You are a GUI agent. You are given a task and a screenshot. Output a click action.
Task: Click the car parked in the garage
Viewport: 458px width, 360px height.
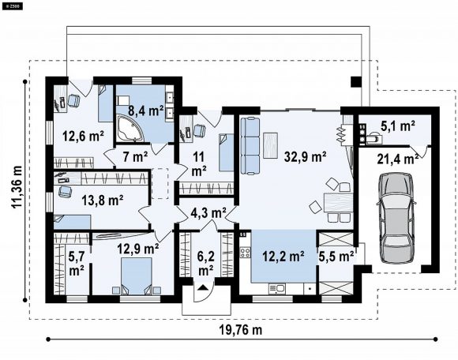point(396,218)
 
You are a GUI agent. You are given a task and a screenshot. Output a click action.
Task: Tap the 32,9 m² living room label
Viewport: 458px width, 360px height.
point(306,157)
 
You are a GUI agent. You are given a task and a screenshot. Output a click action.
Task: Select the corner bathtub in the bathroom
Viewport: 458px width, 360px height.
point(130,129)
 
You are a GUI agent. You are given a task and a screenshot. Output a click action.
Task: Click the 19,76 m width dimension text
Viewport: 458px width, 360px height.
point(240,330)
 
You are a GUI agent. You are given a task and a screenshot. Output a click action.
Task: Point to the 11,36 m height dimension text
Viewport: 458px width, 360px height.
point(17,187)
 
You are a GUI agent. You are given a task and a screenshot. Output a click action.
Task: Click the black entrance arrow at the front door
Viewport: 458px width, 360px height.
point(203,287)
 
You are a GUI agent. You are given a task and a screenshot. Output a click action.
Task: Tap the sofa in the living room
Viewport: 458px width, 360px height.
point(250,146)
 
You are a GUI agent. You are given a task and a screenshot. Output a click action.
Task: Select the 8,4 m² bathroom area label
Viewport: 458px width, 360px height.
point(146,111)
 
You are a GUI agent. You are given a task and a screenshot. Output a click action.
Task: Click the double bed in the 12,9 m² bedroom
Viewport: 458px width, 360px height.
point(137,276)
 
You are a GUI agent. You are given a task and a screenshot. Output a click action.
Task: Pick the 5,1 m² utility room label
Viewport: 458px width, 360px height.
point(398,126)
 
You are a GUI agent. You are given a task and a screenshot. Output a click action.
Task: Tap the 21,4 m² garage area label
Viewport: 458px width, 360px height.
point(397,159)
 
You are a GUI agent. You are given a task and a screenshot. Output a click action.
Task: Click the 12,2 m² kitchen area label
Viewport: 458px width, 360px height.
point(283,257)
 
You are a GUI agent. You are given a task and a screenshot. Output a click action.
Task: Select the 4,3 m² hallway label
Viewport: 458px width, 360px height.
point(208,212)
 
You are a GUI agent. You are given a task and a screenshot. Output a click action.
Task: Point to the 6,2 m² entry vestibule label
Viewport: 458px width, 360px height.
point(205,264)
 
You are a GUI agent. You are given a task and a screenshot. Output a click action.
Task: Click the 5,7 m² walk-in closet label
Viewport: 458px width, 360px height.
point(77,264)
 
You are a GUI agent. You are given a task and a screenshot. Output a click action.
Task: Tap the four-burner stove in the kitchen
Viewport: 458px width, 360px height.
point(245,253)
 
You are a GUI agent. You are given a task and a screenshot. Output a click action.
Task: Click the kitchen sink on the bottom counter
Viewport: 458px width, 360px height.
point(276,289)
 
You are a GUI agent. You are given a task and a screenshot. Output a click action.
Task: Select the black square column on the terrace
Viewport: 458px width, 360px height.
point(356,82)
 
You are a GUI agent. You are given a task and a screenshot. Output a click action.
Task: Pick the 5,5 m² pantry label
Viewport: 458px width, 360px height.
point(336,257)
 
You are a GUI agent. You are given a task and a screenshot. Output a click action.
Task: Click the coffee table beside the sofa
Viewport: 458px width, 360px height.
point(271,145)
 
